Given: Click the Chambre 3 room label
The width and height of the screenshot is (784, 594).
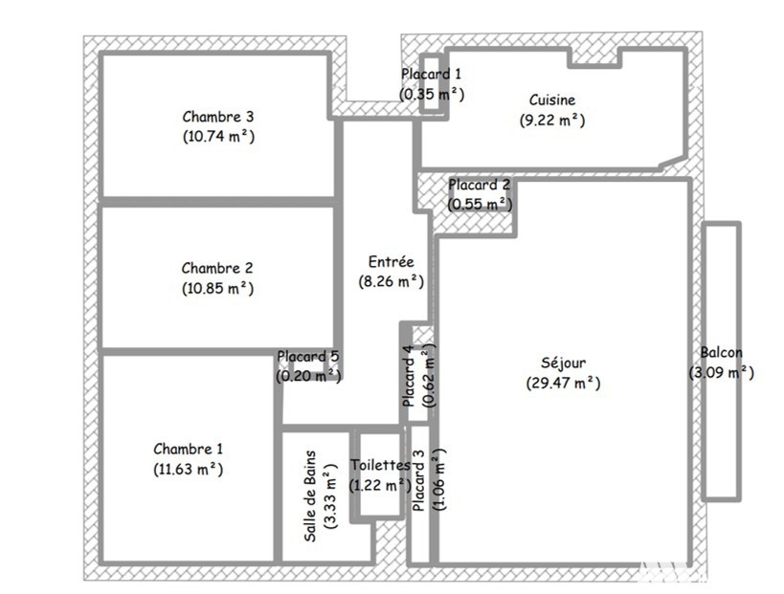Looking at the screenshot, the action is (218, 117).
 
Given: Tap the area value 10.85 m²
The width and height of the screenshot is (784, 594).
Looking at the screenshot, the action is (218, 289).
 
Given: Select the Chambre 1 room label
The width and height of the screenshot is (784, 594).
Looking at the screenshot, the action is (189, 449).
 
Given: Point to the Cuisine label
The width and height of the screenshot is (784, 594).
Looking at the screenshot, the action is (552, 99).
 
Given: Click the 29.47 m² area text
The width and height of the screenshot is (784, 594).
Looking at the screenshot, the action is (564, 384).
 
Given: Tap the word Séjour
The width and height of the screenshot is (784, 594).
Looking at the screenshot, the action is (564, 363).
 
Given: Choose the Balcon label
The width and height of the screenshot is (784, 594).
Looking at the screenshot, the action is (721, 352).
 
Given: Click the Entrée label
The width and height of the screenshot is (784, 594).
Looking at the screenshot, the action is (391, 261).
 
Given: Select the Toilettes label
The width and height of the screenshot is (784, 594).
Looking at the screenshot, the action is (380, 465).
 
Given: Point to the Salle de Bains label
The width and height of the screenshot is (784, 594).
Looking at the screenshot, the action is (310, 496).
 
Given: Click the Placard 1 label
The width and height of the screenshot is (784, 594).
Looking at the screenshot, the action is (431, 74).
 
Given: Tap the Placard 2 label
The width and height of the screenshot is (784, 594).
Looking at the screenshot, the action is (479, 185).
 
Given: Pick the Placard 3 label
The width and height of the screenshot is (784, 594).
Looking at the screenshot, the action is (418, 480).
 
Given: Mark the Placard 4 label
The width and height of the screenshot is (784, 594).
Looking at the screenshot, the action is (408, 376).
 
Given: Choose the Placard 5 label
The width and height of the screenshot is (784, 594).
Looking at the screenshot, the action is (308, 356).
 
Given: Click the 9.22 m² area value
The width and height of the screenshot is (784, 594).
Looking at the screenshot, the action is (552, 121).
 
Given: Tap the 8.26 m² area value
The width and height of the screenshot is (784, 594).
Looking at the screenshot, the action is (391, 282).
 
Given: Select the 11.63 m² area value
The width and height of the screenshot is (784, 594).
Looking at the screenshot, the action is (189, 470).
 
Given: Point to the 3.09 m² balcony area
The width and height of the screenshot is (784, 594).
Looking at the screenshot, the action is (721, 373).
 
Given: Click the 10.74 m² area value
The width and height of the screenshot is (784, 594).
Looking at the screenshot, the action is (218, 137).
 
